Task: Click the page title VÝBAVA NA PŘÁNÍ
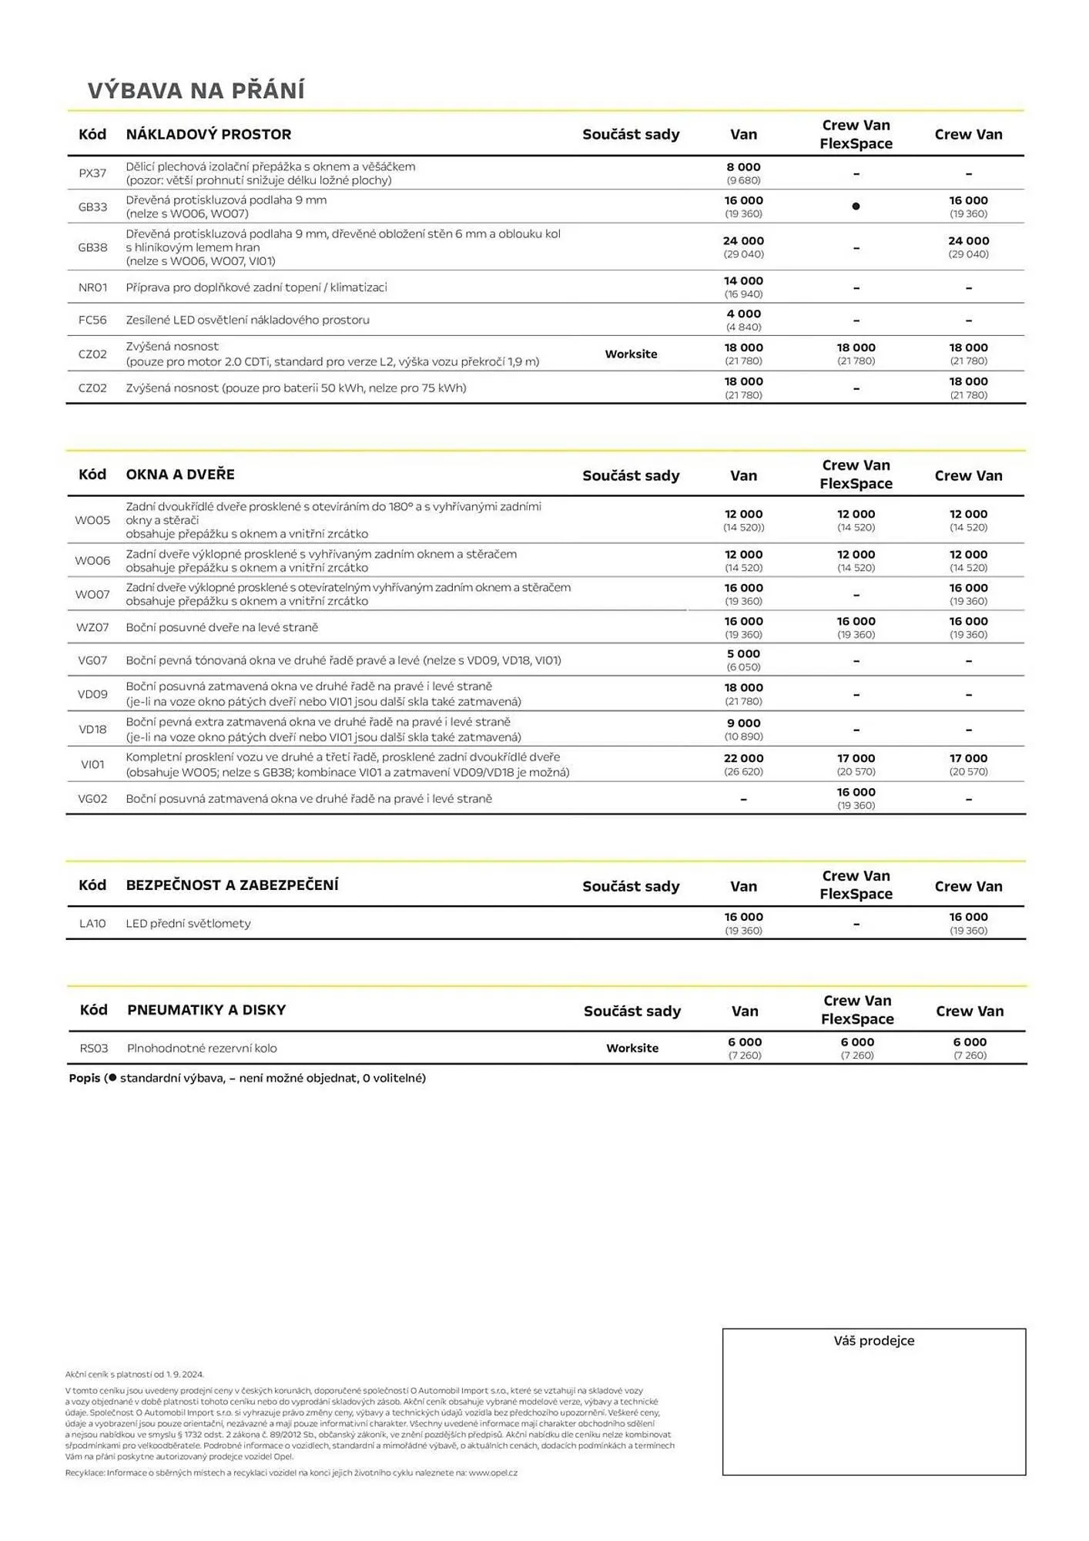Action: (196, 91)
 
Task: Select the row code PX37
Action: (92, 173)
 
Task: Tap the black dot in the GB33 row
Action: (856, 206)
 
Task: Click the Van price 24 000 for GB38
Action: (743, 241)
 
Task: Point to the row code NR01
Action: (92, 287)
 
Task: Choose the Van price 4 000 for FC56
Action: (743, 314)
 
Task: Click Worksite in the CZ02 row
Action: (631, 354)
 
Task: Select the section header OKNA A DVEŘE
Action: (180, 475)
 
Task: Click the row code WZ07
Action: (92, 628)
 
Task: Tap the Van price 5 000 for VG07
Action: (743, 654)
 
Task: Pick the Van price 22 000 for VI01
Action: (743, 759)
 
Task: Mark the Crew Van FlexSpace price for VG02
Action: (856, 793)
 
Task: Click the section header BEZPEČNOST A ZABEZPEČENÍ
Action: (232, 885)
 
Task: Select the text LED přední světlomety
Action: (188, 924)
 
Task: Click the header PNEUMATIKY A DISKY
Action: (206, 1010)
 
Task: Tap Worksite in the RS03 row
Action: (632, 1049)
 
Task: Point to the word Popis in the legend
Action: (85, 1079)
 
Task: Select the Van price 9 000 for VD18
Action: (743, 723)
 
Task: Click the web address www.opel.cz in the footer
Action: (492, 1473)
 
